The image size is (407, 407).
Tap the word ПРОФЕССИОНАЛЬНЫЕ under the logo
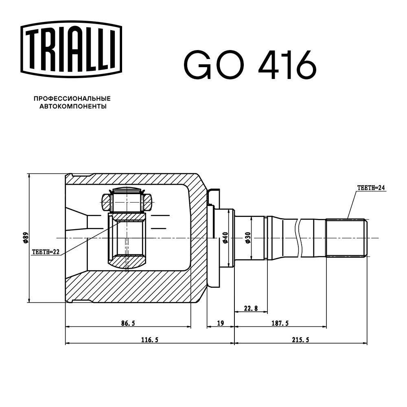click(x=72, y=98)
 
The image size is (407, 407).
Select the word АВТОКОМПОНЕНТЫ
click(x=72, y=107)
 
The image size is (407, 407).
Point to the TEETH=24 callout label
click(x=371, y=188)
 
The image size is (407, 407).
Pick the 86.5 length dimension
click(x=128, y=323)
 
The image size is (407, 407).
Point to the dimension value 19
click(x=220, y=323)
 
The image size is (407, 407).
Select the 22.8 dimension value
click(x=251, y=308)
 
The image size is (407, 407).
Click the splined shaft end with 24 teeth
click(x=346, y=238)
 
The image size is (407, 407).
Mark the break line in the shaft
click(x=300, y=238)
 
